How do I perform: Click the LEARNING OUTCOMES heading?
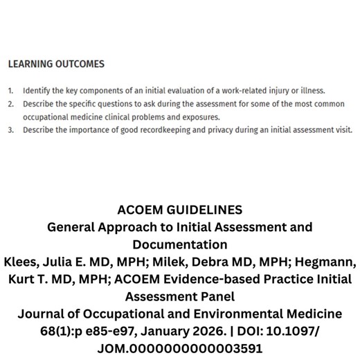coord(56,64)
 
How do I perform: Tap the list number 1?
coord(11,91)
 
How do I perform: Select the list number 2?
coord(11,104)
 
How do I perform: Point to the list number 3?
coord(11,129)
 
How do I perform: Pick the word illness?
coord(311,91)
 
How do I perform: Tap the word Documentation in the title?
coord(179,244)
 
